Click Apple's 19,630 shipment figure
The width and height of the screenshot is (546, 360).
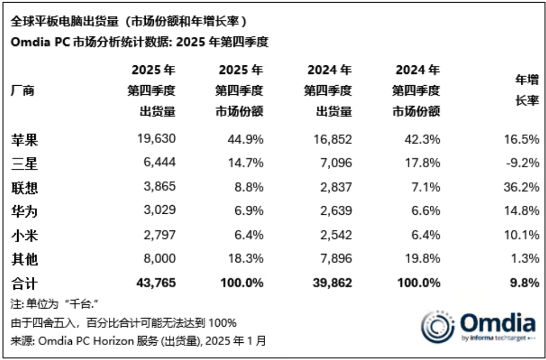tap(156, 140)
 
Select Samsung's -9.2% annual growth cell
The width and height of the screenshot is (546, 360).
tap(522, 163)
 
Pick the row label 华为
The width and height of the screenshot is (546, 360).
tap(24, 211)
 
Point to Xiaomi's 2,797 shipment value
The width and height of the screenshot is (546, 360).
tap(156, 235)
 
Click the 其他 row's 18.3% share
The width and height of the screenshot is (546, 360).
tap(244, 259)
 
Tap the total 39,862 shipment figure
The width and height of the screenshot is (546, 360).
tap(332, 283)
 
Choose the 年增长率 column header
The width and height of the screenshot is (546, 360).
tap(527, 91)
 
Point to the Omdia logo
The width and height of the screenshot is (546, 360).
tap(478, 326)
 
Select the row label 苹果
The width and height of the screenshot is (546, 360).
tap(24, 140)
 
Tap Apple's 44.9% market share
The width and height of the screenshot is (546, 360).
tap(244, 140)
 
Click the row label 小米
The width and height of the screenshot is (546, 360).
tap(24, 235)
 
